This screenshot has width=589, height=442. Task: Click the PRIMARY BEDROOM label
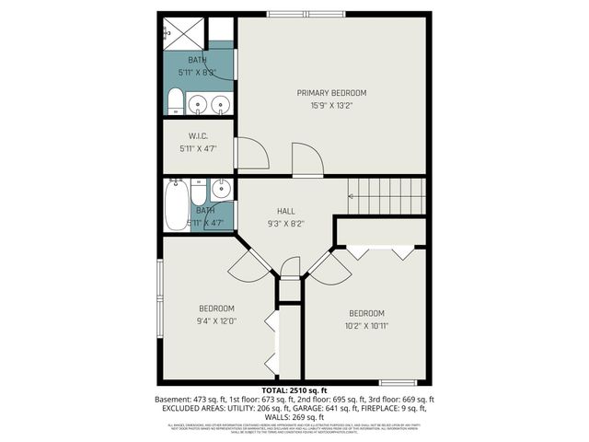click(331, 93)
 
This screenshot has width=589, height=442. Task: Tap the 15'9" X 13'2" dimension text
click(331, 106)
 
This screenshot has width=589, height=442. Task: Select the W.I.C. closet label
click(198, 135)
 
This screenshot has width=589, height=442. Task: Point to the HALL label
click(285, 211)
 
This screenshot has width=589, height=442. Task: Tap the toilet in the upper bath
click(176, 104)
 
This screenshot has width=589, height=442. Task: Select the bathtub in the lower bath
click(176, 204)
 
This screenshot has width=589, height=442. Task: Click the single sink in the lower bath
click(221, 190)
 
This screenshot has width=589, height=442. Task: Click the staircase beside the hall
click(387, 195)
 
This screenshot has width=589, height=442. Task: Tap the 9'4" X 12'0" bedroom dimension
click(216, 321)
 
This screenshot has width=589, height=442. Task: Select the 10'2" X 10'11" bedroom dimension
click(366, 326)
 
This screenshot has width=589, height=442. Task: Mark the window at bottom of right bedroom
click(398, 381)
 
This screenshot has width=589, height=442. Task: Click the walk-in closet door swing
click(250, 155)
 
